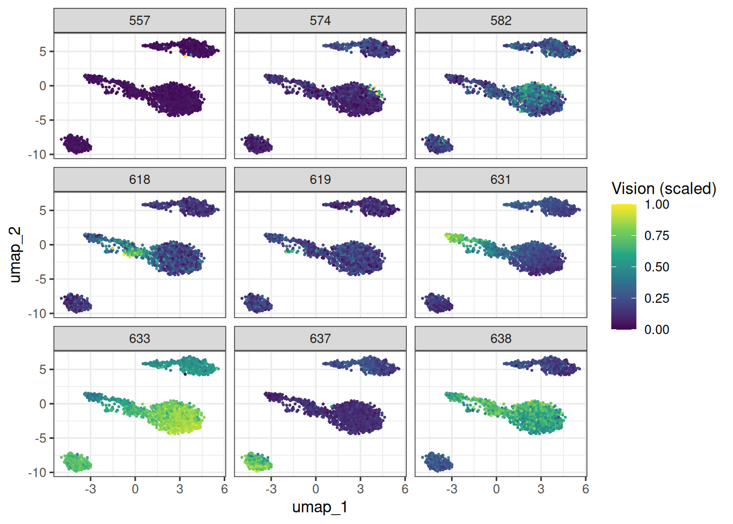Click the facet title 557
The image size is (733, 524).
(x=140, y=21)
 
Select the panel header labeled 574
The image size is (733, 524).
(x=320, y=21)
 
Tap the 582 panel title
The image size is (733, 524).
(x=501, y=21)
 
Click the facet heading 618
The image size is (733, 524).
(x=140, y=180)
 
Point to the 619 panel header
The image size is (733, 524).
(x=320, y=180)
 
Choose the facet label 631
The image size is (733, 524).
(x=501, y=180)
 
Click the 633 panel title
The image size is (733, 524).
(x=140, y=338)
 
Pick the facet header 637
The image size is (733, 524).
(x=320, y=338)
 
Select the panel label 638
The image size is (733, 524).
(x=501, y=338)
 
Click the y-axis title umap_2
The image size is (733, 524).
(x=15, y=255)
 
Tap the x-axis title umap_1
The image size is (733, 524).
(x=320, y=507)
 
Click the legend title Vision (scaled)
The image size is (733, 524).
(x=664, y=189)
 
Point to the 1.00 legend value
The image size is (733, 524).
(x=657, y=205)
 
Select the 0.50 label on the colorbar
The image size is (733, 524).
(x=657, y=267)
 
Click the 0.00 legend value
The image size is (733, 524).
(x=657, y=330)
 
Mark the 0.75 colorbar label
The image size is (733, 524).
(x=657, y=236)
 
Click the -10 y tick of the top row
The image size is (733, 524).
(x=38, y=154)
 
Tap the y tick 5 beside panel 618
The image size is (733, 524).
(x=43, y=210)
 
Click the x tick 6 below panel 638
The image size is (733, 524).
(x=585, y=489)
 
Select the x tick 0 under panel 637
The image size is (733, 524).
(x=316, y=489)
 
